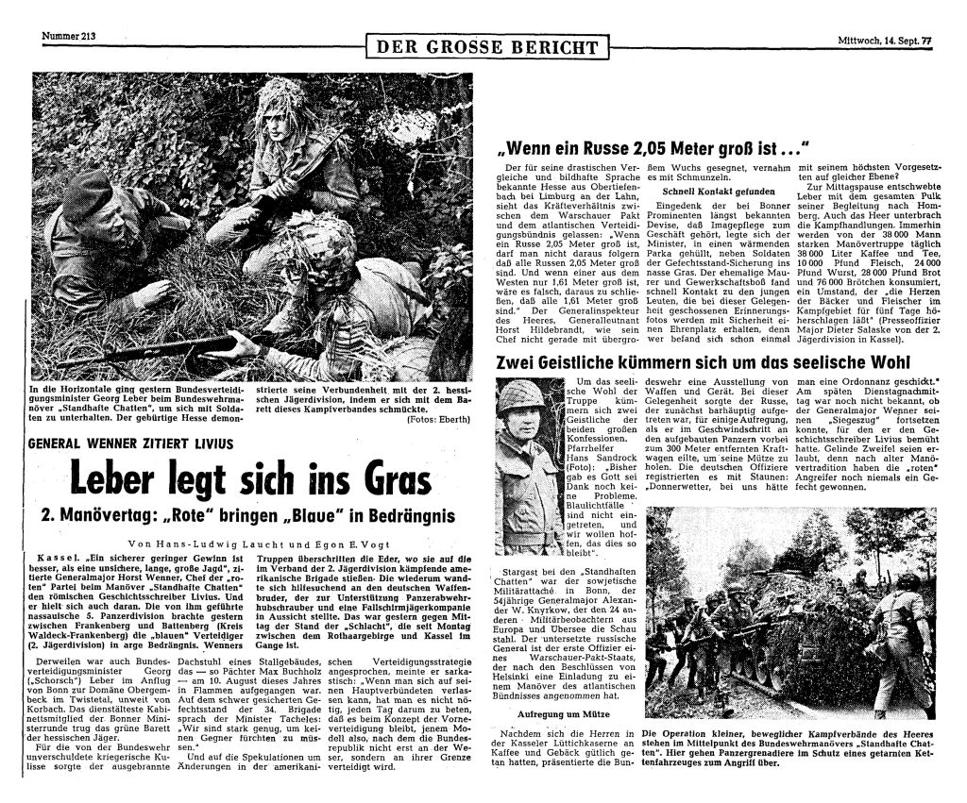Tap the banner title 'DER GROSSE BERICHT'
pos(487,47)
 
